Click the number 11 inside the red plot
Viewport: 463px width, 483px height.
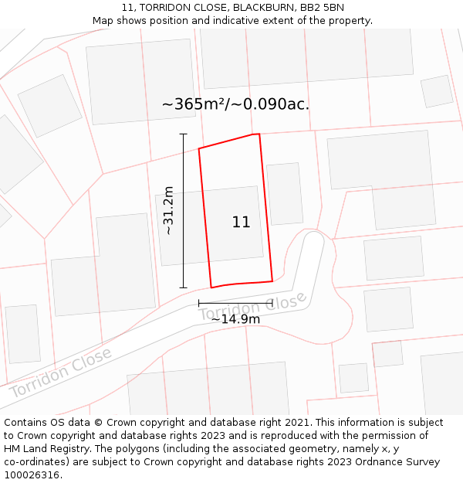click(x=241, y=223)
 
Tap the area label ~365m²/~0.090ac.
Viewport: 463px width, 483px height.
click(x=235, y=104)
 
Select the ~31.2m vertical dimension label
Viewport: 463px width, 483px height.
click(x=168, y=210)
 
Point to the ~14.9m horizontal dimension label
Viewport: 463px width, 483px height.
click(x=235, y=318)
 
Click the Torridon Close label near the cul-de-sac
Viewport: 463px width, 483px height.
click(x=253, y=307)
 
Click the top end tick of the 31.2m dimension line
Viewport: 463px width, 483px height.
click(x=184, y=134)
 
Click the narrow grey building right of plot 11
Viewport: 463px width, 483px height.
click(x=284, y=193)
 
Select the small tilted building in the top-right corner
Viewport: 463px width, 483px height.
click(x=437, y=91)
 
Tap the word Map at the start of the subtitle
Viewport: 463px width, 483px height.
click(x=103, y=20)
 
